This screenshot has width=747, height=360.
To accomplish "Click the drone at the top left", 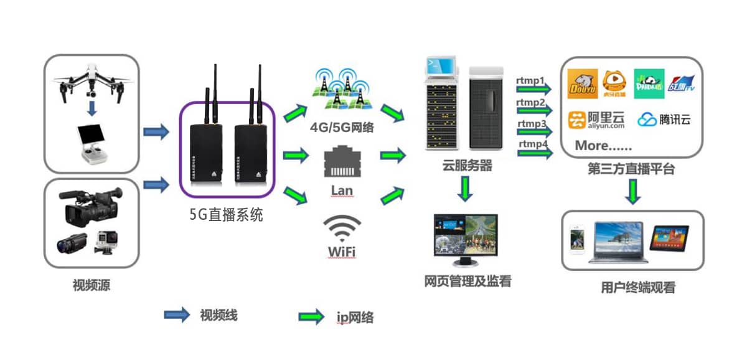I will pos(92,80).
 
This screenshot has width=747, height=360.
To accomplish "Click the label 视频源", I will pos(92,286).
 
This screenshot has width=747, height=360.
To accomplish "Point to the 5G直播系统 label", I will pos(226,215).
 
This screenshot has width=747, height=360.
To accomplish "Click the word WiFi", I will pos(341,252).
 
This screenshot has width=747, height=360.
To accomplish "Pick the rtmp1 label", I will pos(530,80).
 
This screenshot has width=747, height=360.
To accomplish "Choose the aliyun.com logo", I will pos(596,120).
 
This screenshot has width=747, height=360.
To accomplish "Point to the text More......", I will pos(603,146).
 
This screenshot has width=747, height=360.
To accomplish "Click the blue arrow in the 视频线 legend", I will pos(177,315).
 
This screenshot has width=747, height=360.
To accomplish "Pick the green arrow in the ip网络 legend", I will pos(311,316).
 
